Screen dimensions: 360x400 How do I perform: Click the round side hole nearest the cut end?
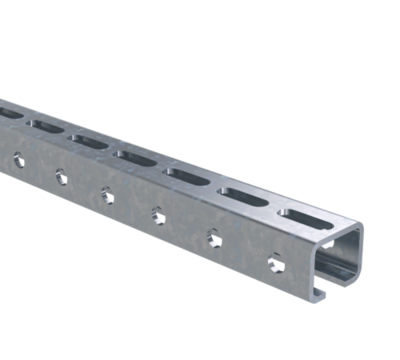(x=276, y=262)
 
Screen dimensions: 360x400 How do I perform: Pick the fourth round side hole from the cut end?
(x=106, y=192)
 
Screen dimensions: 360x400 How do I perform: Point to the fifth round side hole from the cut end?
(x=60, y=174)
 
